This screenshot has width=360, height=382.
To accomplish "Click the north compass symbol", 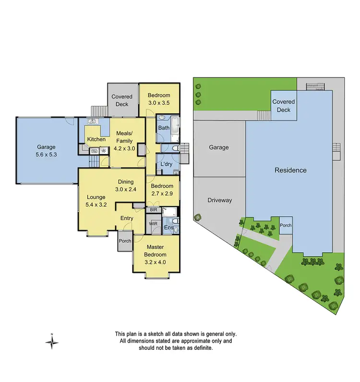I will tap(52, 342).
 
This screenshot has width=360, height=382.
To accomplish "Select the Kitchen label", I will tap(96, 139).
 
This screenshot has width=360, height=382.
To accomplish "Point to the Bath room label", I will tap(164, 128).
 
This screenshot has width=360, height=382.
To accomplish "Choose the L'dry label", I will tap(166, 164).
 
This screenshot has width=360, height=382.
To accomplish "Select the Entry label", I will tap(127, 218).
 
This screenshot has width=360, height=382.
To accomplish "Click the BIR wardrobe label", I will tap(154, 210).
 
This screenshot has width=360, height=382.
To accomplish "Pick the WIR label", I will tap(154, 223).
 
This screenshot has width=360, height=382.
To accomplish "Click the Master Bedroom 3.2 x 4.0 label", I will tap(156, 255).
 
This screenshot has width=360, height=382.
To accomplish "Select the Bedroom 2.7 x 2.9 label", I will tap(162, 190).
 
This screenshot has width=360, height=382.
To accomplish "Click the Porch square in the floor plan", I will tap(125, 242).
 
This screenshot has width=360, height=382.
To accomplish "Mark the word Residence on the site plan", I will tap(290, 170).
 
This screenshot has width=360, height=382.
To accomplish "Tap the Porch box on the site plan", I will tap(286, 225).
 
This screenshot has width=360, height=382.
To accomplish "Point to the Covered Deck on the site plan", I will tap(284, 106).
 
